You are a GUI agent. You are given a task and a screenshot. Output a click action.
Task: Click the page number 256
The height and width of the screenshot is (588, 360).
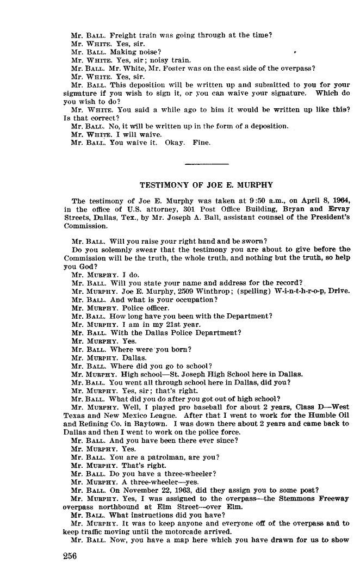[x=70, y=556]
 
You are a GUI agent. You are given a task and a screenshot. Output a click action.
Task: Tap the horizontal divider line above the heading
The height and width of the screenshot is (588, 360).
[x=207, y=164]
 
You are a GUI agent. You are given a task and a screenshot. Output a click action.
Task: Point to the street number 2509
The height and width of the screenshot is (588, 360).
[x=181, y=291]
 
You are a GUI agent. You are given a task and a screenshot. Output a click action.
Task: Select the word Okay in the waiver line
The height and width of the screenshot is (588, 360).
[x=175, y=143]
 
